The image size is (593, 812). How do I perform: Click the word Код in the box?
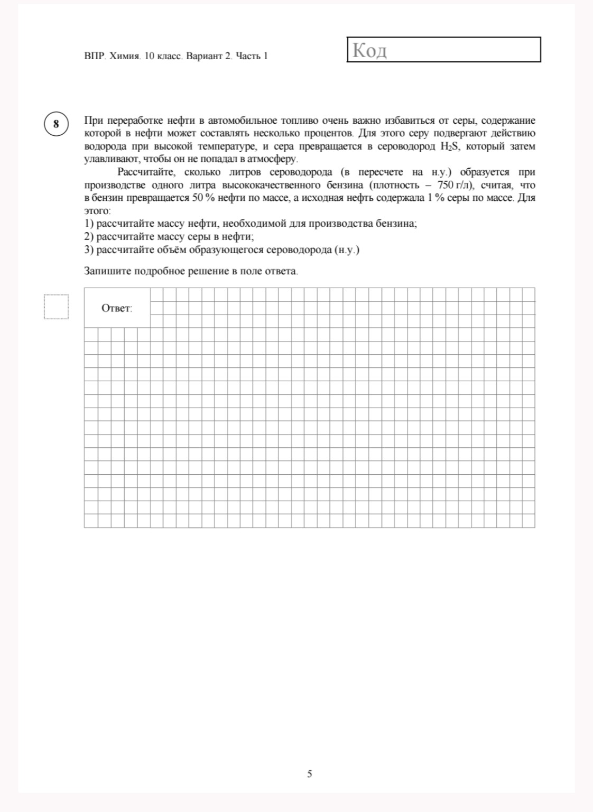click(369, 51)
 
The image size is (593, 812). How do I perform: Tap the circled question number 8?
click(56, 124)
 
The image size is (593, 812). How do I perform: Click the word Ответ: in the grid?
click(117, 308)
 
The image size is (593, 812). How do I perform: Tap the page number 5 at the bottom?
click(309, 774)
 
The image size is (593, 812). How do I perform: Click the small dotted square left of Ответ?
click(56, 307)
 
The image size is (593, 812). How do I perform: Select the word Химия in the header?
click(125, 56)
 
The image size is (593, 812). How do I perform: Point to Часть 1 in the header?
click(252, 56)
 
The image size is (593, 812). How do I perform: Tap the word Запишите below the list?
click(108, 271)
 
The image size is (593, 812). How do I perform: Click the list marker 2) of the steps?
click(89, 237)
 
